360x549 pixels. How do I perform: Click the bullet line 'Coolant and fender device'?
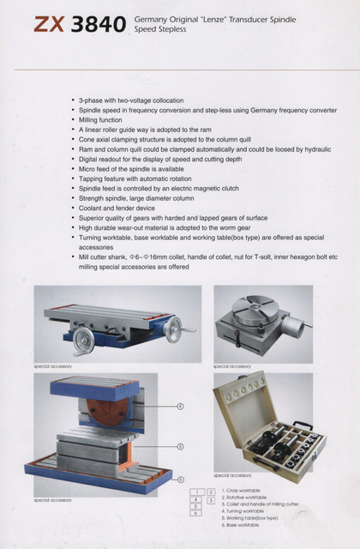pyautogui.click(x=117, y=207)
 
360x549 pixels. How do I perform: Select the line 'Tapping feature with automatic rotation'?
pyautogui.click(x=137, y=178)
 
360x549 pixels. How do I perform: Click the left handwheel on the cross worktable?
pyautogui.click(x=83, y=341)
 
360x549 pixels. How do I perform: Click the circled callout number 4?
pyautogui.click(x=180, y=406)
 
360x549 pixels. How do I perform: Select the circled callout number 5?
pyautogui.click(x=180, y=447)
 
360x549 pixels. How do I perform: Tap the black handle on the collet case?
pyautogui.click(x=303, y=426)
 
